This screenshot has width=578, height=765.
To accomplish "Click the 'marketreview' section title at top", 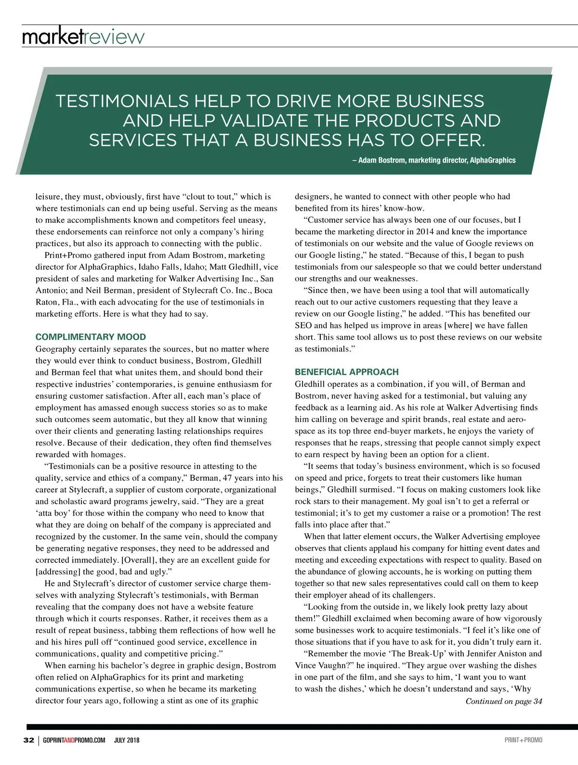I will pos(83,37).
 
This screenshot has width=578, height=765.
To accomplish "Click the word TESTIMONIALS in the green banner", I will pos(121,101).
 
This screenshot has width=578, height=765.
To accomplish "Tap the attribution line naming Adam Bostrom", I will pos(433,160).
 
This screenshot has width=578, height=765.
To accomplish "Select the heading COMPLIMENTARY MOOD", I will pos(91,337).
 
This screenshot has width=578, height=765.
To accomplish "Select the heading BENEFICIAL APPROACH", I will pos(347,372).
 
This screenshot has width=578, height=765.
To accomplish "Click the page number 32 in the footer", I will pos(28,740).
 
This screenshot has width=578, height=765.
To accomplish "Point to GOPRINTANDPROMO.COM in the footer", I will pos(74,740).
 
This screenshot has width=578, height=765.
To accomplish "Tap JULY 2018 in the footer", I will pos(127,740).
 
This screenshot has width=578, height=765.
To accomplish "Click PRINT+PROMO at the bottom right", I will pos(523,740).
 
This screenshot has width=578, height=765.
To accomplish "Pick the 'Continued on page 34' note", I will pos(503,701).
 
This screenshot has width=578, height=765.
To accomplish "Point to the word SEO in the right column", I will pos(303,325).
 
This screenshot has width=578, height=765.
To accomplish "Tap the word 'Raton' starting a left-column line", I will pos(47,302).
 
